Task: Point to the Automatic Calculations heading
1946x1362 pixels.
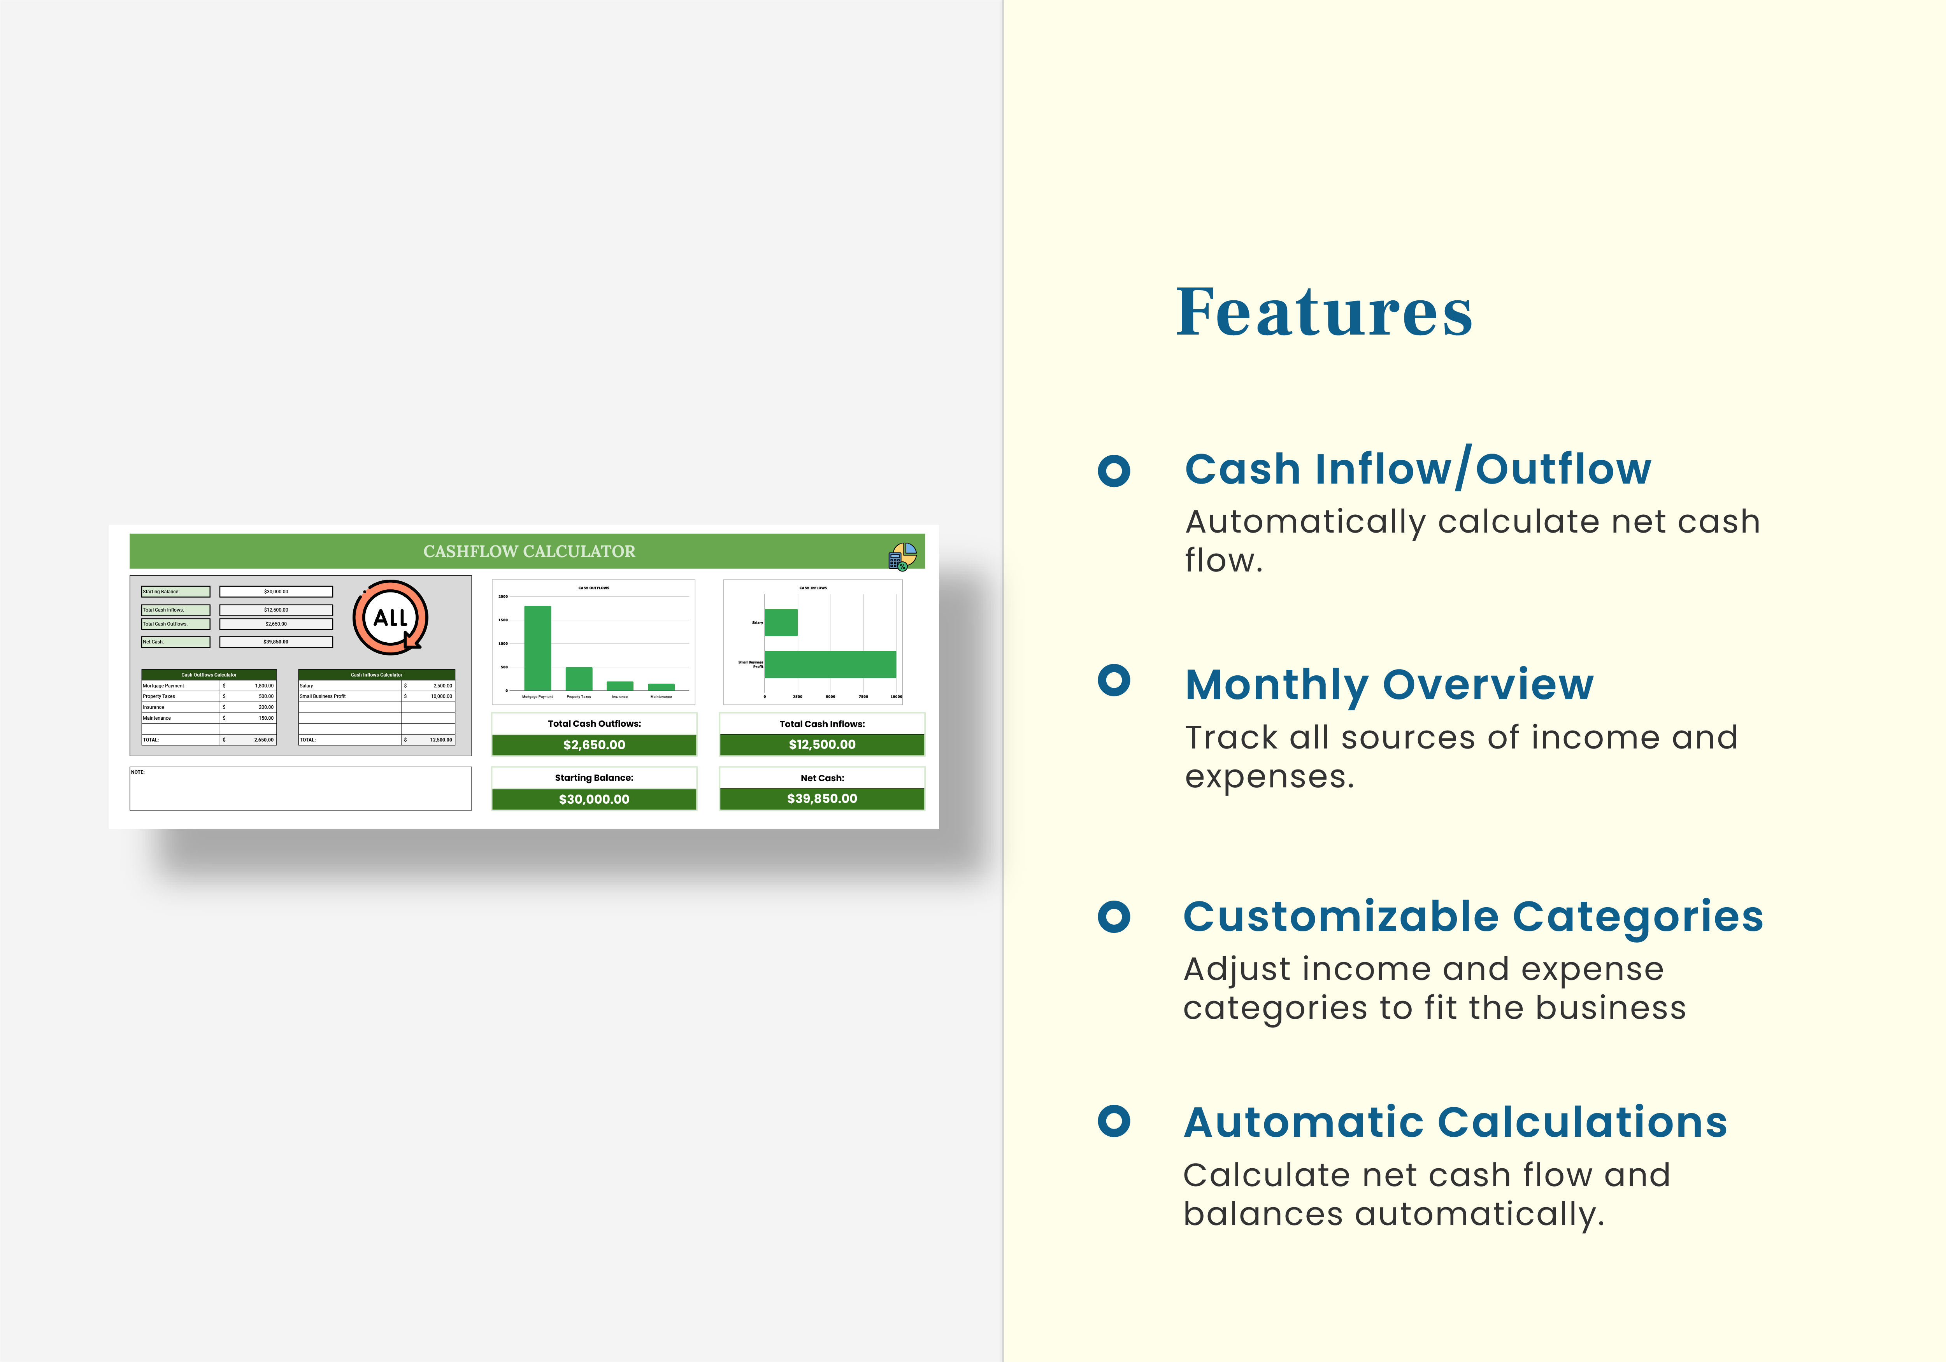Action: point(1455,1122)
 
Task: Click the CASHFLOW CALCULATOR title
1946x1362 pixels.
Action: point(529,552)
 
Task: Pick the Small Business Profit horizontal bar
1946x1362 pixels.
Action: point(830,664)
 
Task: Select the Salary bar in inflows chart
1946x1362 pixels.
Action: point(781,622)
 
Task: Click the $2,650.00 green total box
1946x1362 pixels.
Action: point(594,745)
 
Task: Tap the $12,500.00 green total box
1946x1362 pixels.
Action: point(822,745)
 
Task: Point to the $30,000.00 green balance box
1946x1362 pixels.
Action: point(594,799)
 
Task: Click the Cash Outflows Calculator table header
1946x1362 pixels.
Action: point(209,675)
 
